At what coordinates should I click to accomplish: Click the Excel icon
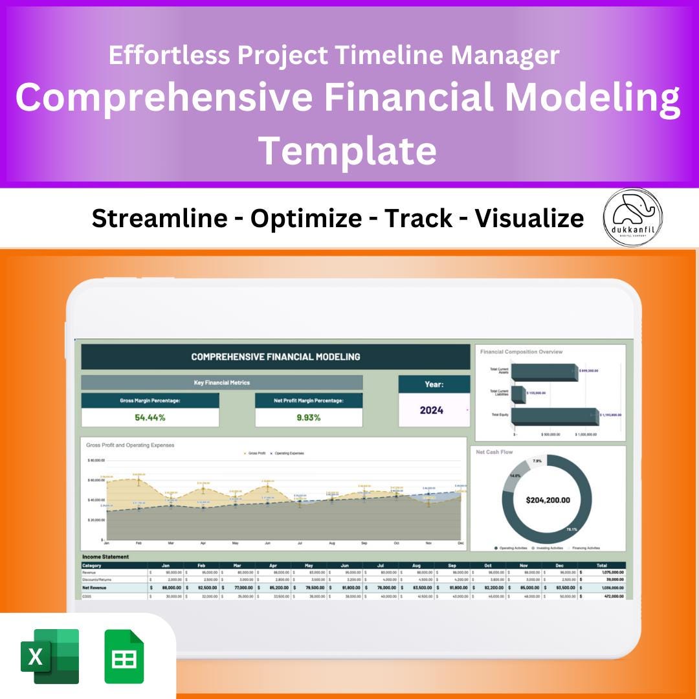[x=50, y=656]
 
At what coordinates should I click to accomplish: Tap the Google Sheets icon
[x=124, y=656]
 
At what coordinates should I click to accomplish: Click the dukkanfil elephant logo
[x=632, y=217]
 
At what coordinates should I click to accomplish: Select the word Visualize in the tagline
[x=529, y=219]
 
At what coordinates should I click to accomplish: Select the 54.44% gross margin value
[x=150, y=417]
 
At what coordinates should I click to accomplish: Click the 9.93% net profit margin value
[x=309, y=417]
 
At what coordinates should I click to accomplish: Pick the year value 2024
[x=432, y=410]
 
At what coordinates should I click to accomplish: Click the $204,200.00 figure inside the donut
[x=548, y=500]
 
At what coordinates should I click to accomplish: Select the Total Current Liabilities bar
[x=518, y=393]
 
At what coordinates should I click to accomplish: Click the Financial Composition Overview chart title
[x=521, y=352]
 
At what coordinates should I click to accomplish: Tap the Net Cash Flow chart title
[x=495, y=452]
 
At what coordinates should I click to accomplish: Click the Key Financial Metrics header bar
[x=221, y=383]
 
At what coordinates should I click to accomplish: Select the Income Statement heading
[x=105, y=557]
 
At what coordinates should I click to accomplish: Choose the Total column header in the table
[x=601, y=565]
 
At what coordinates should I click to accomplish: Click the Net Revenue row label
[x=95, y=588]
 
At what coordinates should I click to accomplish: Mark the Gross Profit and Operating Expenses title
[x=130, y=445]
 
